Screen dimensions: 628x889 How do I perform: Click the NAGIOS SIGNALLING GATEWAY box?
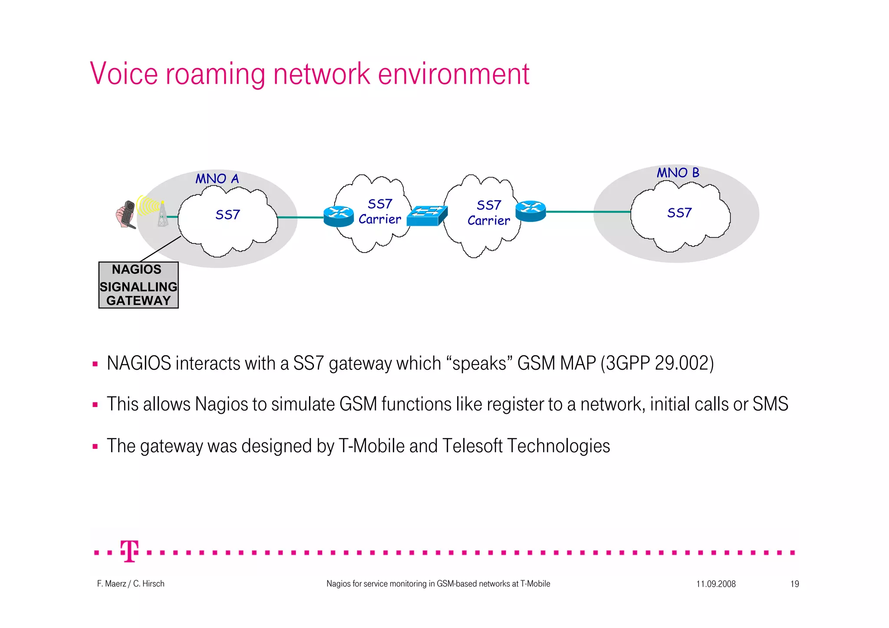click(138, 285)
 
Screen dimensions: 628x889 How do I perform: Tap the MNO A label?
click(217, 179)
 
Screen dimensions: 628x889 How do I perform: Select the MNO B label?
click(678, 173)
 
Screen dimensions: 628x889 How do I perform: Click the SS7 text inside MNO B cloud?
click(679, 213)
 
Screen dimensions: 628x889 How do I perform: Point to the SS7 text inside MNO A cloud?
click(227, 215)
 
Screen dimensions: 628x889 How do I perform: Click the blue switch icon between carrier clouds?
click(426, 216)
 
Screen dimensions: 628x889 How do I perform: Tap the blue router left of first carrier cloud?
click(339, 216)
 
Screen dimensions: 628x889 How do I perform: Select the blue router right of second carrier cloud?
click(530, 211)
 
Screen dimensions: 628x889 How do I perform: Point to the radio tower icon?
click(162, 214)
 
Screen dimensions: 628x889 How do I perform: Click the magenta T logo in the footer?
click(130, 551)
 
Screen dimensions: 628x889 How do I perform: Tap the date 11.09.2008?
click(716, 584)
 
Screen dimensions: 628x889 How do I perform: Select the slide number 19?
click(794, 584)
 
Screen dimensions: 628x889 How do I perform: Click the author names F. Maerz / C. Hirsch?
click(131, 584)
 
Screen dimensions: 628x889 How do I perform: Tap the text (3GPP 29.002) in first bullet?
click(657, 363)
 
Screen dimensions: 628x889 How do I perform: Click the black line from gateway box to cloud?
click(160, 249)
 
